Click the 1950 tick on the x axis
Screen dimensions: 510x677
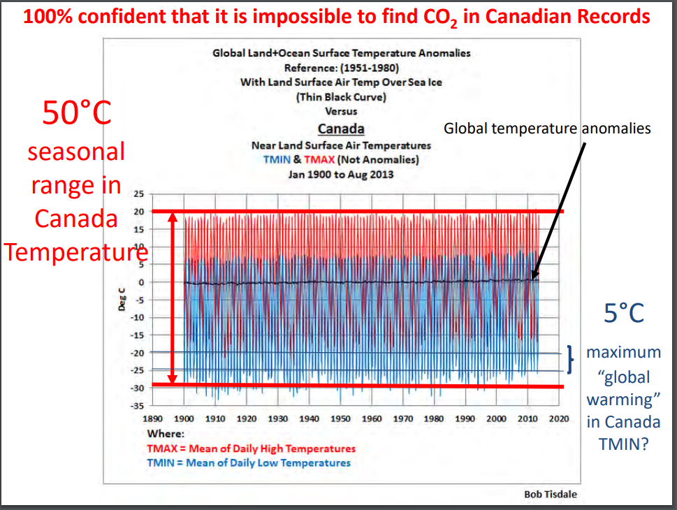[x=341, y=418]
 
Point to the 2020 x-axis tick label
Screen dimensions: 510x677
[x=559, y=418]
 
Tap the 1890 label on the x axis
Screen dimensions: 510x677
[x=152, y=418]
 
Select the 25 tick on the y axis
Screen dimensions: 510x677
[x=138, y=194]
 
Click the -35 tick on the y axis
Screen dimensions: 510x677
[x=137, y=405]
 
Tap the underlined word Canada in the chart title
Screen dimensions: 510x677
[x=341, y=129]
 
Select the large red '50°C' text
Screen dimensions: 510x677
[x=77, y=113]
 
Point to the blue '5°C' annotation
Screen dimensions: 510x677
[x=624, y=314]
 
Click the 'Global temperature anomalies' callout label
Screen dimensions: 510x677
[x=548, y=129]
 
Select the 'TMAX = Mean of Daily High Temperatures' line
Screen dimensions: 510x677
[x=251, y=449]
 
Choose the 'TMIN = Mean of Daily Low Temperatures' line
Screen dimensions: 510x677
[x=248, y=462]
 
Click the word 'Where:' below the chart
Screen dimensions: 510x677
[x=166, y=434]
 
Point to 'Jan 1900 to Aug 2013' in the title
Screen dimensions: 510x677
[x=341, y=174]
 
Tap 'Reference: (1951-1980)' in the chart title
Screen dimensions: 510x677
[x=341, y=68]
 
